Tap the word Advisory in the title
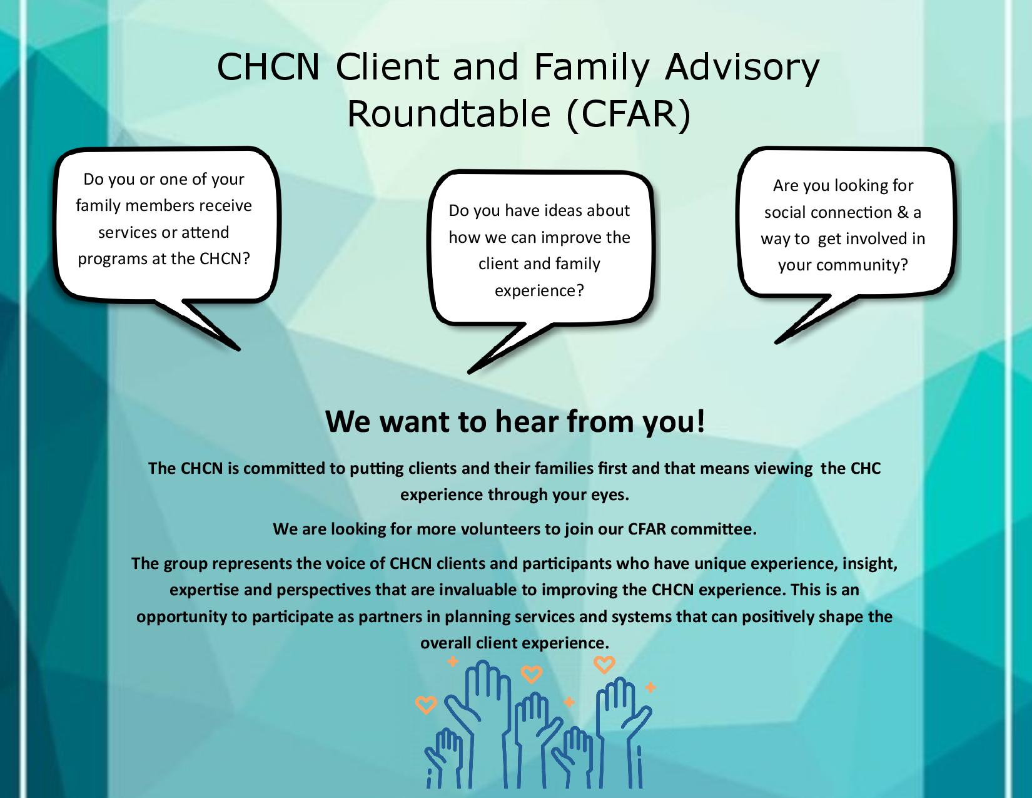click(741, 68)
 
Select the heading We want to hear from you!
click(515, 422)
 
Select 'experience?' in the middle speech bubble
click(539, 290)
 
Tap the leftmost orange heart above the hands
click(426, 705)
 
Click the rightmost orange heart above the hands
click(604, 664)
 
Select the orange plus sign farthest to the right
click(650, 688)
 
